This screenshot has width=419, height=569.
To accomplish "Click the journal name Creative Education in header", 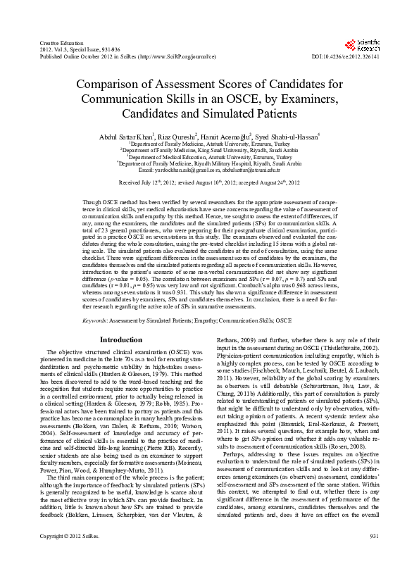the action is [59, 44].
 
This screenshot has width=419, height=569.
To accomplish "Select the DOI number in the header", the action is [345, 56].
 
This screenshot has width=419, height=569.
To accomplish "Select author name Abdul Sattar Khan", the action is [125, 135].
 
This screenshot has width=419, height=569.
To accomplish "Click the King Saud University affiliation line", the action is [209, 150].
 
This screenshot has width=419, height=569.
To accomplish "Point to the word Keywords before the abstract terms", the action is [95, 320].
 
